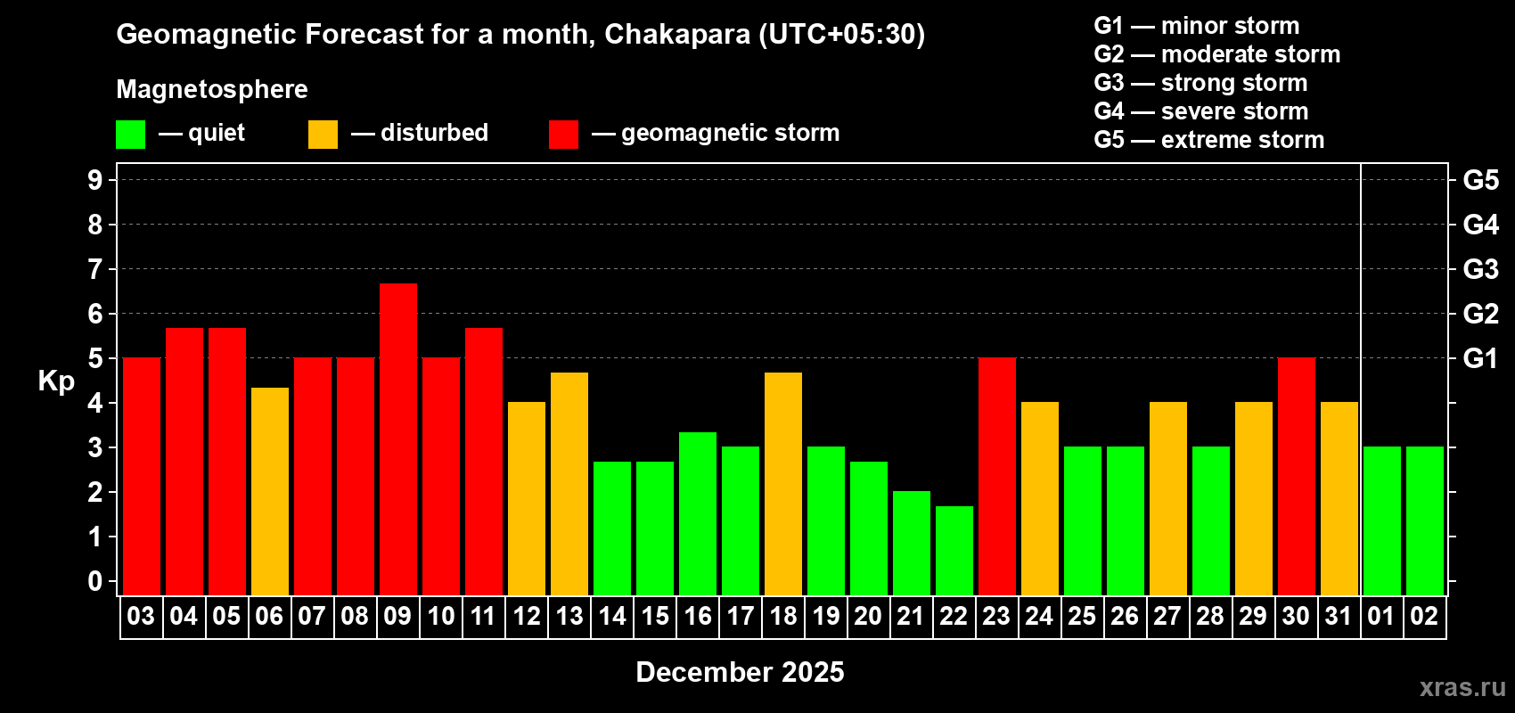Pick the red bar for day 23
pos(997,476)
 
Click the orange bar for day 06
pos(270,491)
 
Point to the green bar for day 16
pos(698,513)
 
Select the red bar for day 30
pos(1297,476)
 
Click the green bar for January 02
pos(1425,520)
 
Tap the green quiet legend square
pos(131,135)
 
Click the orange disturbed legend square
pos(323,135)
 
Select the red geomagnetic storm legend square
pos(564,135)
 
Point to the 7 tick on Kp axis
pos(95,269)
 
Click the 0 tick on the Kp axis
pos(95,581)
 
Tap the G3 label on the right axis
pos(1480,269)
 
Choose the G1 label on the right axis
pos(1480,358)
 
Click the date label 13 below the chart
pos(569,616)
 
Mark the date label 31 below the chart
pos(1339,616)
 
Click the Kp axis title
pos(56,381)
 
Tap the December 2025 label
pos(740,672)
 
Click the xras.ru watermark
pos(1462,687)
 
